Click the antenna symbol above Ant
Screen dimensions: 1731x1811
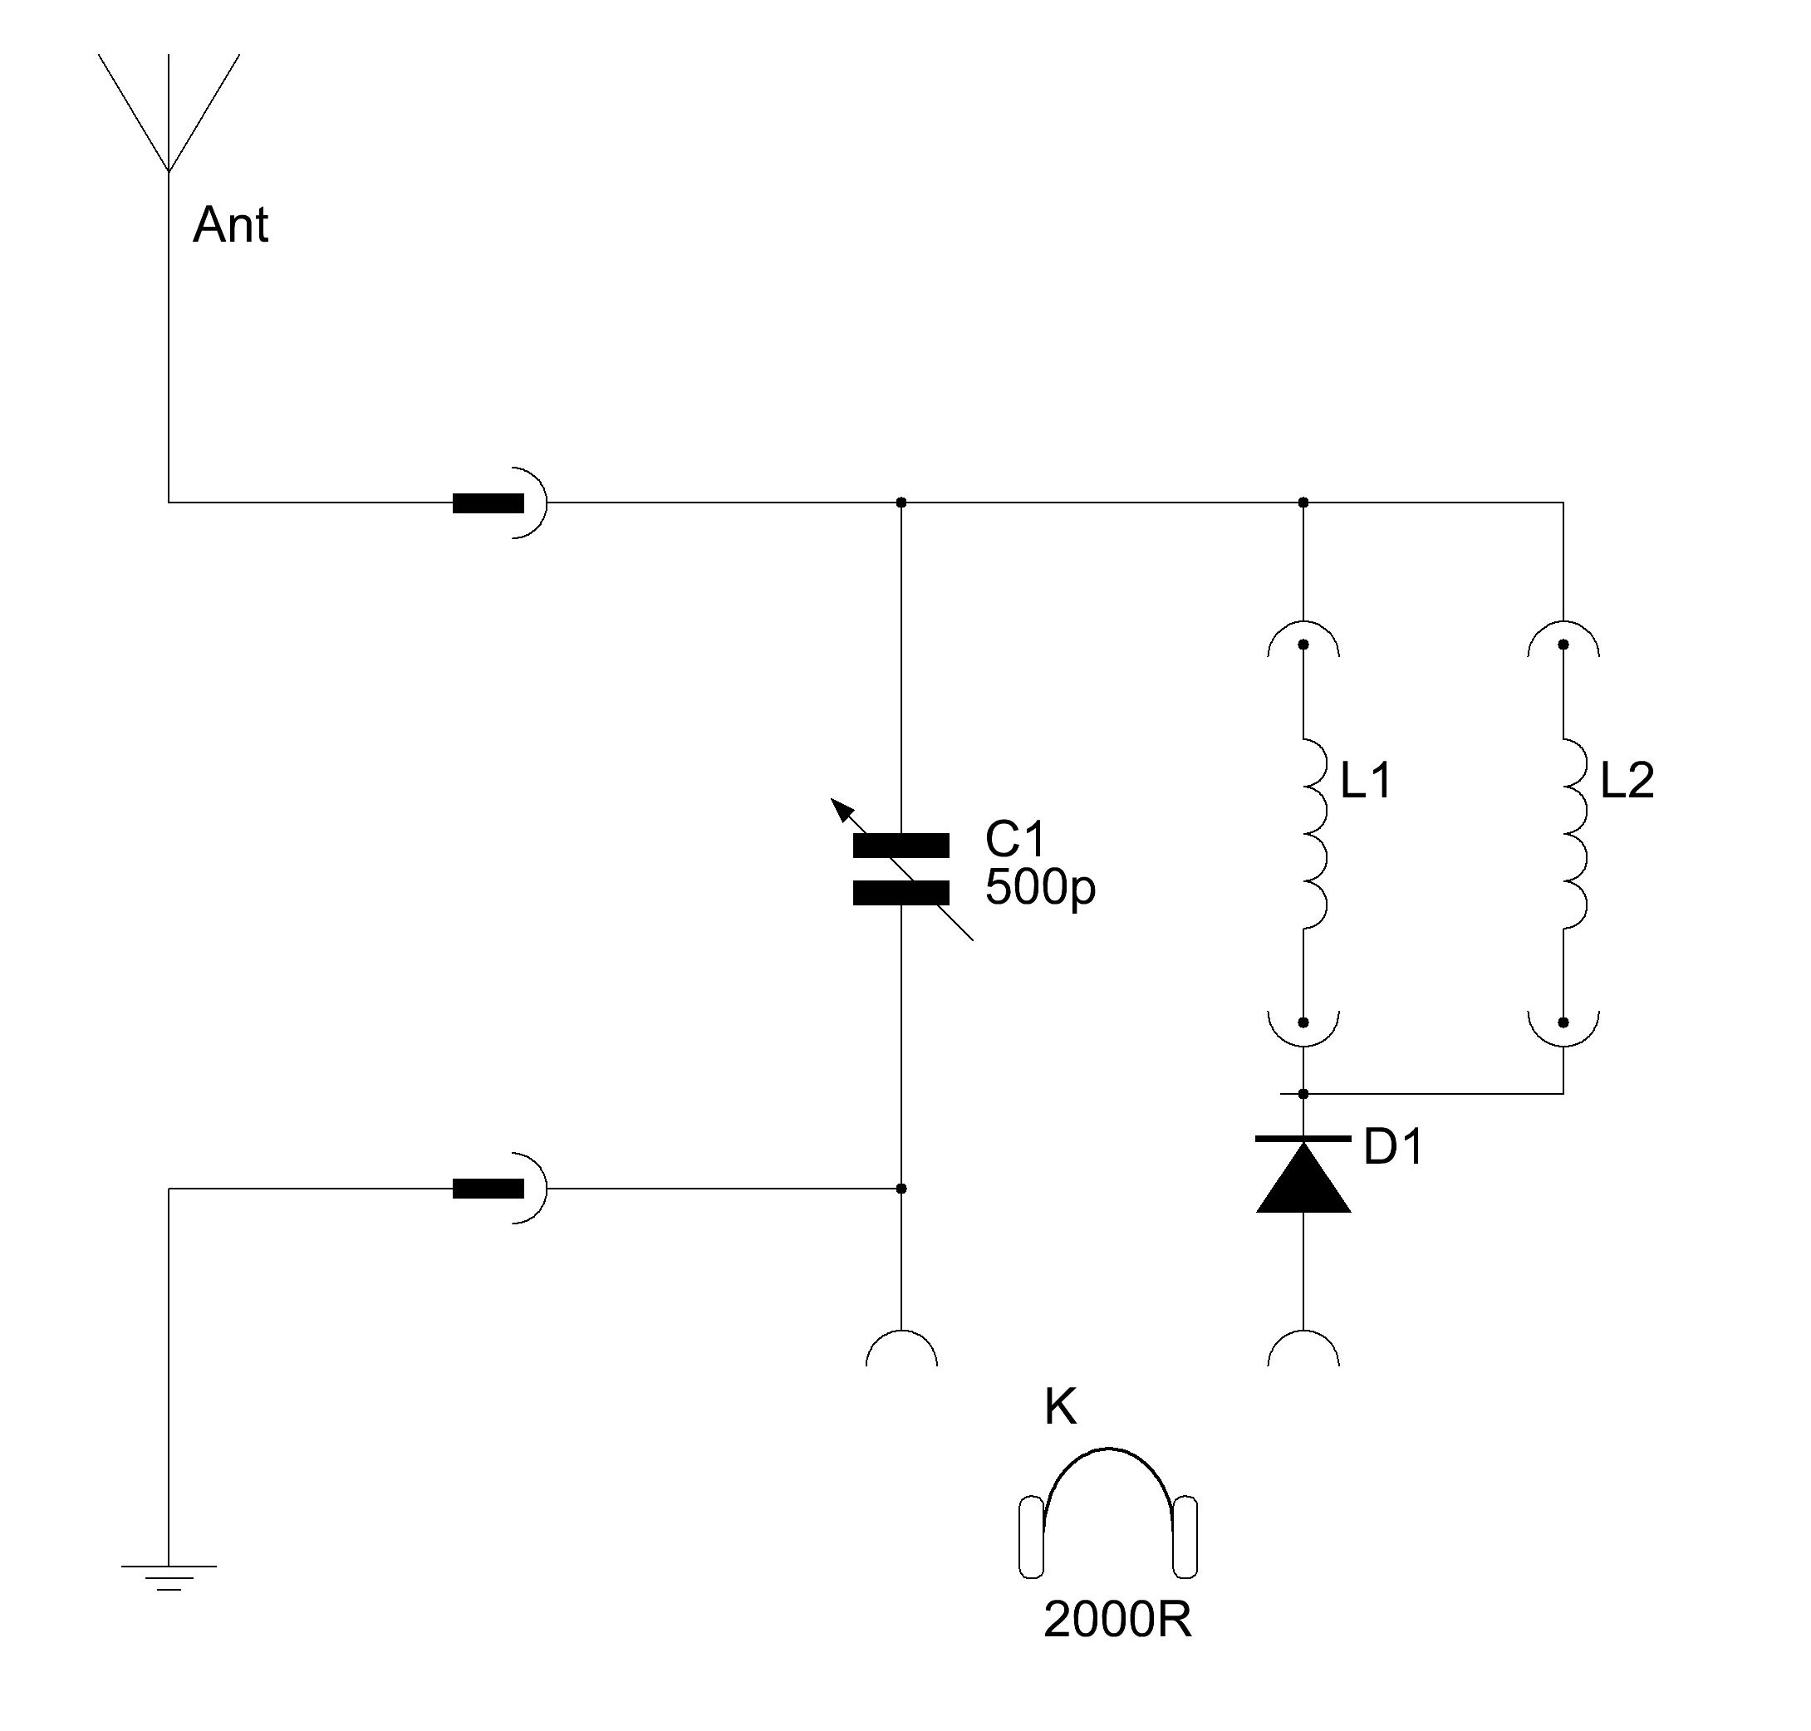pos(168,110)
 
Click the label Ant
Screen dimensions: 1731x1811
pos(230,225)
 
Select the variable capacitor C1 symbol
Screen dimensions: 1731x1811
pos(900,869)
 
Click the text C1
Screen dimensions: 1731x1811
pos(1014,839)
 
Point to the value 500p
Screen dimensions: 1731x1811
pos(1039,888)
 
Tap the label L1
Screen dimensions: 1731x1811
pos(1365,781)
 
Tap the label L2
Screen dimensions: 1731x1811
pos(1627,781)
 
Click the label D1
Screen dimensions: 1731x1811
pos(1393,1147)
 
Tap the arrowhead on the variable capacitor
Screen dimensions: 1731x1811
pos(841,809)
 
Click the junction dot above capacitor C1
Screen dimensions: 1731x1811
pos(901,503)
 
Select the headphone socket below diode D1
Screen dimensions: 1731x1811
pos(1303,1349)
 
